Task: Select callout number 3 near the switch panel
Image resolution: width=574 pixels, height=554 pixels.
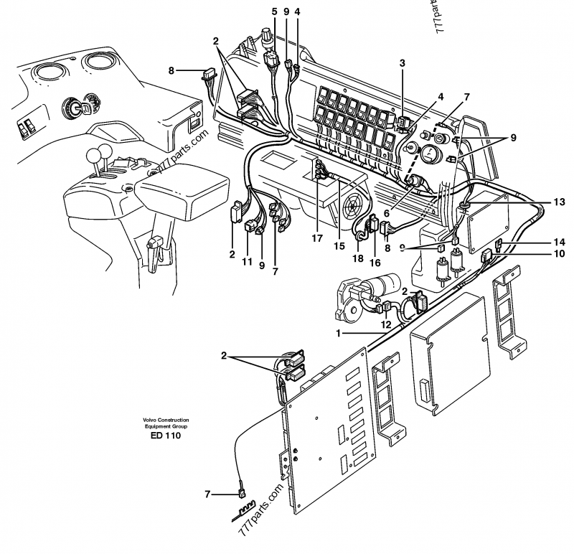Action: pos(403,63)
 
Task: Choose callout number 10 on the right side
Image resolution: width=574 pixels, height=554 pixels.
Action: pos(558,253)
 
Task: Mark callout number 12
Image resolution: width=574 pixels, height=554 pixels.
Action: pos(386,324)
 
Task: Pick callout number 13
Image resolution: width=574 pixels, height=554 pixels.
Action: pos(558,203)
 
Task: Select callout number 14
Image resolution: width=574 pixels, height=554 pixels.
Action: pos(558,242)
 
